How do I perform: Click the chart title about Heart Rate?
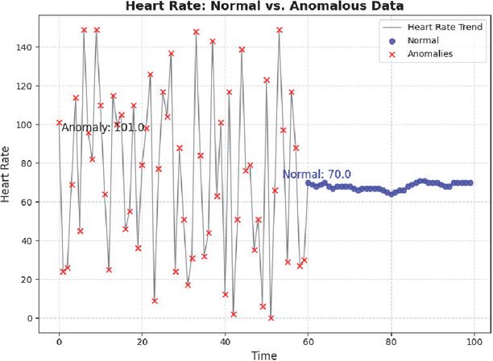point(263,7)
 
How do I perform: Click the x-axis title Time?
point(263,355)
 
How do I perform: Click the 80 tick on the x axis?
point(391,339)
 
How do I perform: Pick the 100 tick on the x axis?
point(474,339)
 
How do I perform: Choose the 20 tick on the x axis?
point(142,339)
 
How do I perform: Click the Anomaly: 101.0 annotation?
point(103,127)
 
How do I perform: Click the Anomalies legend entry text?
point(431,54)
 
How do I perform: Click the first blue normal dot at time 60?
point(309,183)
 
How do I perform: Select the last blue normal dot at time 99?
point(470,183)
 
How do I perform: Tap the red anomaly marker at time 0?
point(59,123)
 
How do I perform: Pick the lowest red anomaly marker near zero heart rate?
point(271,318)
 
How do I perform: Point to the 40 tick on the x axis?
point(225,339)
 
